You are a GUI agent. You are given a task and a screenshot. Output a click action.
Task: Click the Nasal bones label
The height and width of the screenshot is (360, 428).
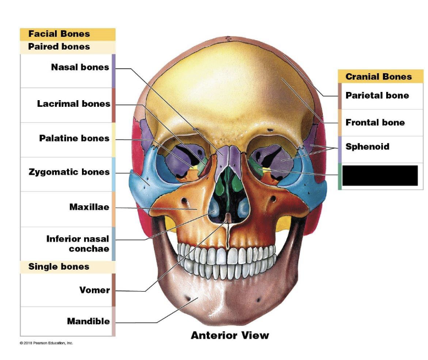pyautogui.click(x=80, y=68)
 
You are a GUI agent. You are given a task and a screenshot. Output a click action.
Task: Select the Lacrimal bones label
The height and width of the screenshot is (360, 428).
pyautogui.click(x=74, y=103)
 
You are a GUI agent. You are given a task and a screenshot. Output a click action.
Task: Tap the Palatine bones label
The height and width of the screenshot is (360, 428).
pyautogui.click(x=74, y=138)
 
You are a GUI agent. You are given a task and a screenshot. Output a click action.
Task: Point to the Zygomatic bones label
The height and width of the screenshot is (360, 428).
pyautogui.click(x=69, y=172)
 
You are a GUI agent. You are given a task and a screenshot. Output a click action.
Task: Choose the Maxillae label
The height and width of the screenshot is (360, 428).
pyautogui.click(x=89, y=207)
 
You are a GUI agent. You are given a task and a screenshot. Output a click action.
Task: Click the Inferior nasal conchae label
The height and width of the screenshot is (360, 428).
pyautogui.click(x=78, y=243)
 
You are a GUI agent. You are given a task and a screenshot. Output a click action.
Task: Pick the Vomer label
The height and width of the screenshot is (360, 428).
pyautogui.click(x=95, y=290)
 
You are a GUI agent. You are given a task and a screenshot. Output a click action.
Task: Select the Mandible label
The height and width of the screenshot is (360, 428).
pyautogui.click(x=88, y=321)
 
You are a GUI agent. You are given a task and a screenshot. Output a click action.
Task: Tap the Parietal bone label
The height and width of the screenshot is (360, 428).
pyautogui.click(x=377, y=95)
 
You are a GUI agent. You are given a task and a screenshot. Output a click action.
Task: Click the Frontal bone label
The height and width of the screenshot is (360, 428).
pyautogui.click(x=375, y=122)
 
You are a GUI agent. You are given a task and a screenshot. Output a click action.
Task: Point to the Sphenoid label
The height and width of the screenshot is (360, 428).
pyautogui.click(x=367, y=146)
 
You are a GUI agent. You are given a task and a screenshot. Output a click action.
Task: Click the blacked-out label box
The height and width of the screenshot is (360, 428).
pyautogui.click(x=380, y=175)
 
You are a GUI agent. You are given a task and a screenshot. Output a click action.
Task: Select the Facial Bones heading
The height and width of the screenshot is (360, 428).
pyautogui.click(x=59, y=34)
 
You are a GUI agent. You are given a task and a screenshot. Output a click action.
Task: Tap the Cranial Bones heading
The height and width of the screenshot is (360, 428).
pyautogui.click(x=378, y=77)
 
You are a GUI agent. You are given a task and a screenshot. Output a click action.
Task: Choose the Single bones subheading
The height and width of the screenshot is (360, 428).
pyautogui.click(x=59, y=266)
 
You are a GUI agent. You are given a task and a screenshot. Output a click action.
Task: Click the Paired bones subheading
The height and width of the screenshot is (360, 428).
pyautogui.click(x=59, y=47)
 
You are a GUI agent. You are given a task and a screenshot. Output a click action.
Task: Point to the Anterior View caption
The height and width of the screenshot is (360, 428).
pyautogui.click(x=230, y=335)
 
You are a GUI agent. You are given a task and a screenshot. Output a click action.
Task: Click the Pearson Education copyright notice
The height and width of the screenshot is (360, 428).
pyautogui.click(x=46, y=343)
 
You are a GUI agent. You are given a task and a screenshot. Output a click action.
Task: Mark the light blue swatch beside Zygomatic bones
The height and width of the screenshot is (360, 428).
pyautogui.click(x=113, y=174)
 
